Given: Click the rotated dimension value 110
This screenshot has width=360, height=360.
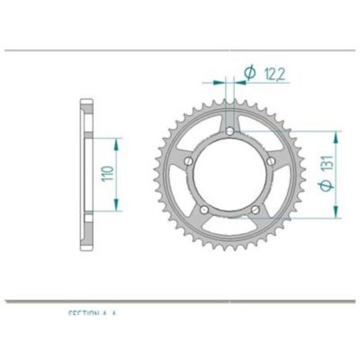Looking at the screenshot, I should click(109, 175).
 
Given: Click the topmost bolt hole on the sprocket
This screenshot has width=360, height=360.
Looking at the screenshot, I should click(229, 133).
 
